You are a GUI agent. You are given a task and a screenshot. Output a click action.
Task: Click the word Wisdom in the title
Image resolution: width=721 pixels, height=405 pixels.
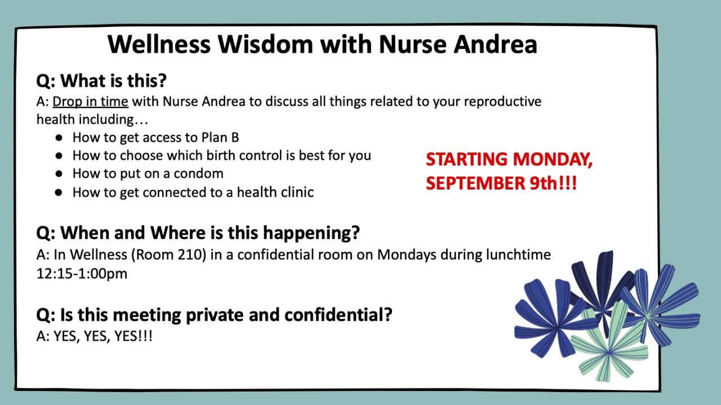265,44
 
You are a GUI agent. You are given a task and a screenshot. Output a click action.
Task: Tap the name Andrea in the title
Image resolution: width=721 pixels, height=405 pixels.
495,44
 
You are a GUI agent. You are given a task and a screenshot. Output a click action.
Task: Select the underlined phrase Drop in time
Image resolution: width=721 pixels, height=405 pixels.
91,102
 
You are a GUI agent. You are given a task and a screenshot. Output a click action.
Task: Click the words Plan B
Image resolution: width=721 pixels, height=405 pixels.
220,137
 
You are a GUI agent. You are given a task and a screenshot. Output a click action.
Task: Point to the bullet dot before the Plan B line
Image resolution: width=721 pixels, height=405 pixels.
59,138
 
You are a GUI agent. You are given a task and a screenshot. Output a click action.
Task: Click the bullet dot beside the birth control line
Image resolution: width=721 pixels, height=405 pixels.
59,156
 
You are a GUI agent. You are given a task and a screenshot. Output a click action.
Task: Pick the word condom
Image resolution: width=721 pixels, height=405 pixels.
198,174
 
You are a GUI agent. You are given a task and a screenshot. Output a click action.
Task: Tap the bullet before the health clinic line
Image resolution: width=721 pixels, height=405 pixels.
59,192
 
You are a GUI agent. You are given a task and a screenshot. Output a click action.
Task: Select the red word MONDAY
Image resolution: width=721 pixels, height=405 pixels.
553,159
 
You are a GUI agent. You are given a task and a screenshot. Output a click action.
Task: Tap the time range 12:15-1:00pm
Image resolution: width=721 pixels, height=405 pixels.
82,274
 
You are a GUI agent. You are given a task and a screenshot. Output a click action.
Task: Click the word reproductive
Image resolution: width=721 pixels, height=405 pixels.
502,102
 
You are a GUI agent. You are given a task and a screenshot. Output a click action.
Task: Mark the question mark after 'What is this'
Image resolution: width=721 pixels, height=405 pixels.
162,80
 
